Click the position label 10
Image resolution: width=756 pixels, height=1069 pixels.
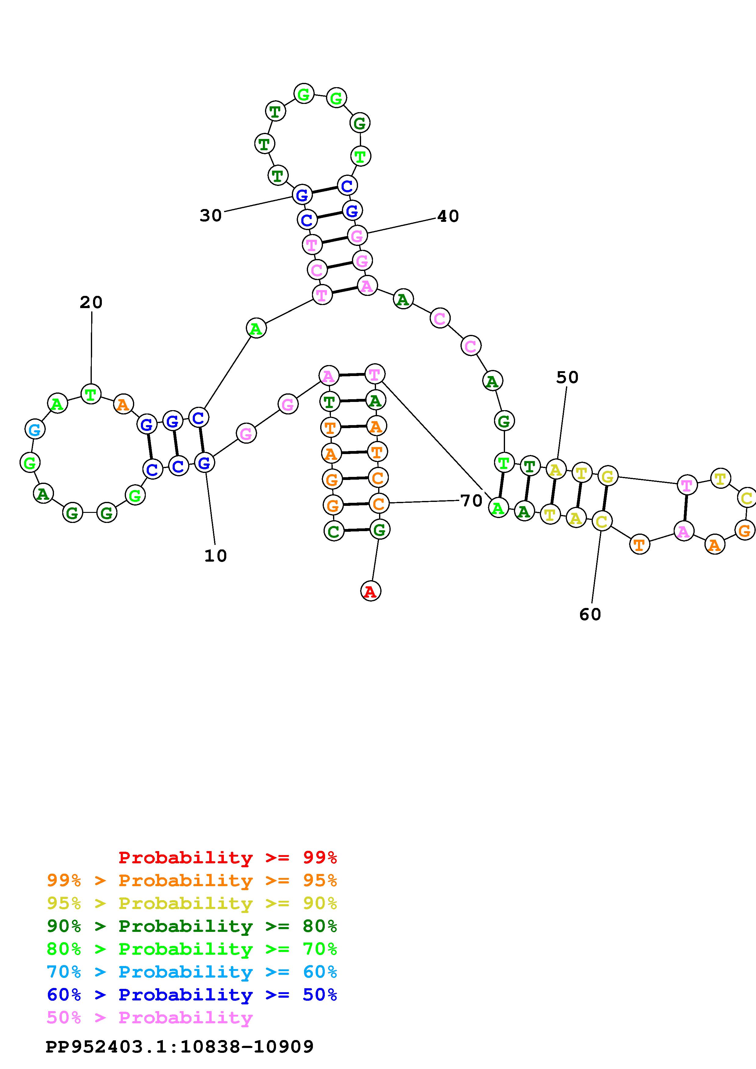click(215, 556)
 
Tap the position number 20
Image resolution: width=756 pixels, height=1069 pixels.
click(91, 303)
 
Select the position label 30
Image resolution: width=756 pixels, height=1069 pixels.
click(210, 215)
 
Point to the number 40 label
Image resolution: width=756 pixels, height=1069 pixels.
click(448, 216)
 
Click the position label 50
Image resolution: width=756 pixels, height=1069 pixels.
click(567, 377)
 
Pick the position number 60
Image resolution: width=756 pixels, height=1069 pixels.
click(590, 615)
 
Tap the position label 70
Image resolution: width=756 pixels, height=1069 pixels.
click(471, 501)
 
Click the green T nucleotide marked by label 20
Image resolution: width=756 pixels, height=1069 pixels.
click(91, 394)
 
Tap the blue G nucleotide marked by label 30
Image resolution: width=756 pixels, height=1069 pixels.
click(302, 195)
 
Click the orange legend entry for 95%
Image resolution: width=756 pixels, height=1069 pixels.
click(192, 880)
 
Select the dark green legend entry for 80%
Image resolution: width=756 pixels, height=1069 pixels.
click(192, 926)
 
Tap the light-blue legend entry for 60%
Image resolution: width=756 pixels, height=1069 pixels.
click(192, 972)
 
